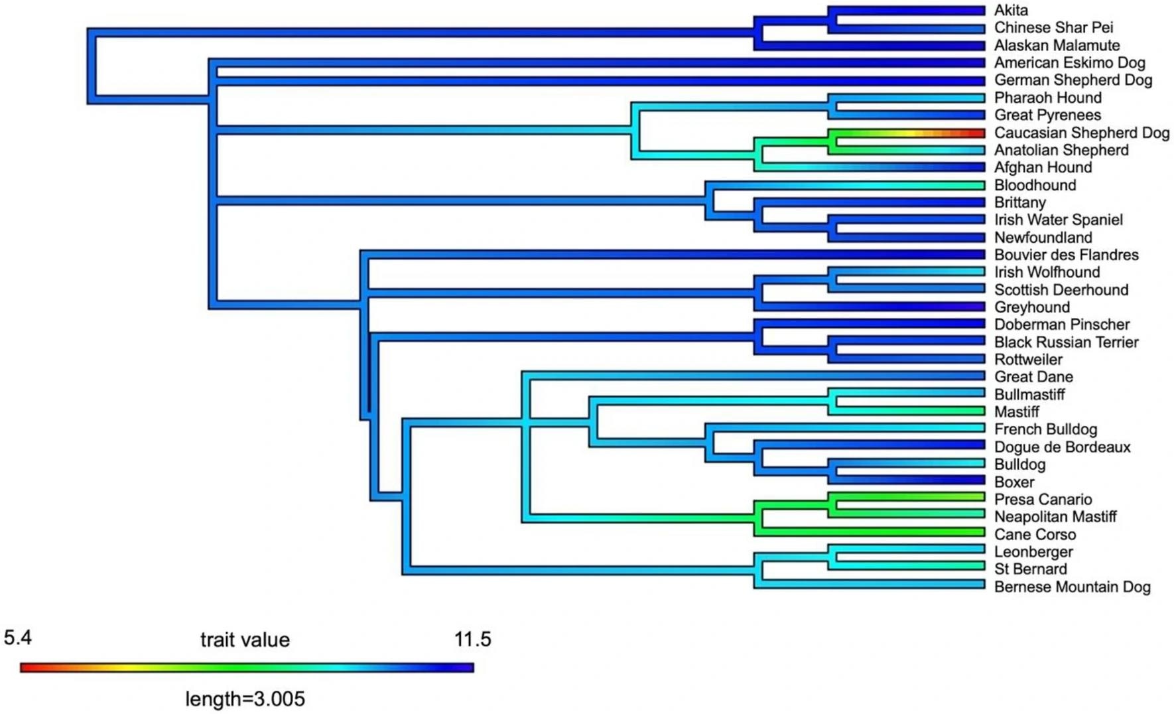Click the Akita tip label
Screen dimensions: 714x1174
[1010, 10]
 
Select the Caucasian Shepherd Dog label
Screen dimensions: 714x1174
[1081, 133]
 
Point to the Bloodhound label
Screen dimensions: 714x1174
[1035, 185]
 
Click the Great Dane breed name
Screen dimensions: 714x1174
[1033, 377]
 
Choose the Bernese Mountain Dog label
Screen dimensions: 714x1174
[1072, 587]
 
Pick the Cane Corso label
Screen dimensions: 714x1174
[1035, 534]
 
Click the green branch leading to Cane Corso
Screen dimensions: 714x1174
[869, 532]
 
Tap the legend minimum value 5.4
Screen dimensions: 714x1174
[18, 638]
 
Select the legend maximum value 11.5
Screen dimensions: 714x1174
[472, 640]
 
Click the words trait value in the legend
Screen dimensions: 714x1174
[245, 640]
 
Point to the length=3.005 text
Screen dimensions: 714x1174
[245, 699]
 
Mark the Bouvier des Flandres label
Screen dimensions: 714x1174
[1066, 255]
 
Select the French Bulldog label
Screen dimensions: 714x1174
[1045, 429]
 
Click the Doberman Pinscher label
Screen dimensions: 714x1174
[1061, 324]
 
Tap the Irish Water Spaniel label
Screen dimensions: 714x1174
[1058, 220]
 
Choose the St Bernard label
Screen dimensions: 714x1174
[1030, 569]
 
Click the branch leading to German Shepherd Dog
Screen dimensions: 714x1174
[597, 81]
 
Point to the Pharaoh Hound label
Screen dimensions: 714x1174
[1047, 98]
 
